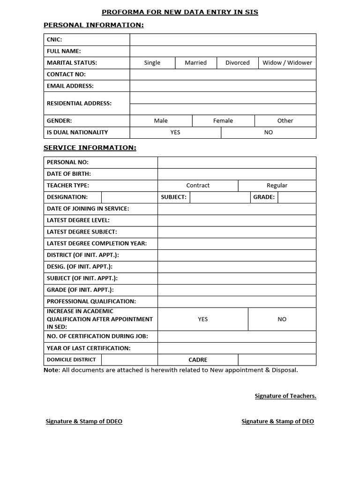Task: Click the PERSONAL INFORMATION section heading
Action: pos(94,25)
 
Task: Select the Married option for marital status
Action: pos(196,63)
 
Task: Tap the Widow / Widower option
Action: pos(287,63)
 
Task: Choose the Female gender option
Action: pos(223,121)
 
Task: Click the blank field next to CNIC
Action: pos(223,40)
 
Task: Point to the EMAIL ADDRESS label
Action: pos(70,86)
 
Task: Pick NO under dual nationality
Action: pos(268,133)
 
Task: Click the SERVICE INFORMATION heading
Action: pos(90,148)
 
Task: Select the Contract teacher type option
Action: pos(198,186)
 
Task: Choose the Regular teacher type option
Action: pos(277,186)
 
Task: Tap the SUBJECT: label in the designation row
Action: pos(173,197)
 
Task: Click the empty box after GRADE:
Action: pos(297,197)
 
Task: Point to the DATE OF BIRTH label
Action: pos(69,174)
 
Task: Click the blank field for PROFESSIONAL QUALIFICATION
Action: pos(237,302)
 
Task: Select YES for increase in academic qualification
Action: pos(202,319)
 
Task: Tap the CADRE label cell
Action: pos(198,360)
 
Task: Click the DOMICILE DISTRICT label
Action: pos(71,360)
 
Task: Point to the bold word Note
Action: pos(52,370)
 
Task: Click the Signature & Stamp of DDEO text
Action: pos(84,421)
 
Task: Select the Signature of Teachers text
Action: pos(285,396)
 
